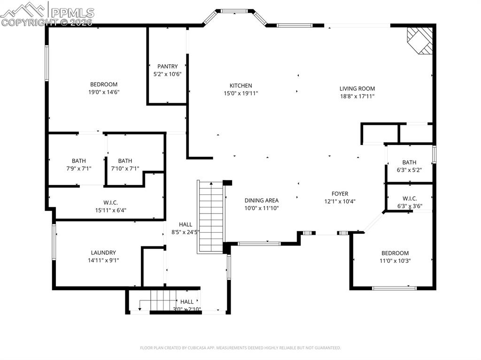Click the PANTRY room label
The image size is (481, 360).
pos(167,67)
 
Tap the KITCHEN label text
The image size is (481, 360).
pos(240,86)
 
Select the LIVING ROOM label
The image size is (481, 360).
pos(357,88)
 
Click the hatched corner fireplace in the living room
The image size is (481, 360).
pos(419,40)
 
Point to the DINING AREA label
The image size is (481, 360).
pos(261,200)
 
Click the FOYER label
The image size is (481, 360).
pos(340,194)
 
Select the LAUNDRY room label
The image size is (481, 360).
pos(103,253)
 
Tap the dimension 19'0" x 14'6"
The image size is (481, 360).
pos(104,92)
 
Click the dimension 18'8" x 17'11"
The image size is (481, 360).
pos(357,96)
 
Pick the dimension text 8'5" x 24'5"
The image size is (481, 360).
pos(186,232)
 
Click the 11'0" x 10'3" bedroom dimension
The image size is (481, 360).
pos(395,261)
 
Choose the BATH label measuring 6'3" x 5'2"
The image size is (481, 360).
pos(409,162)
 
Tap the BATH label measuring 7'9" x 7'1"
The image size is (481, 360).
pos(79,161)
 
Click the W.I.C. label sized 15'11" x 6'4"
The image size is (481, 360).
pos(110,203)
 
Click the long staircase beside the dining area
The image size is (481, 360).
pos(210,217)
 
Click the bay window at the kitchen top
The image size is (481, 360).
pos(235,11)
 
